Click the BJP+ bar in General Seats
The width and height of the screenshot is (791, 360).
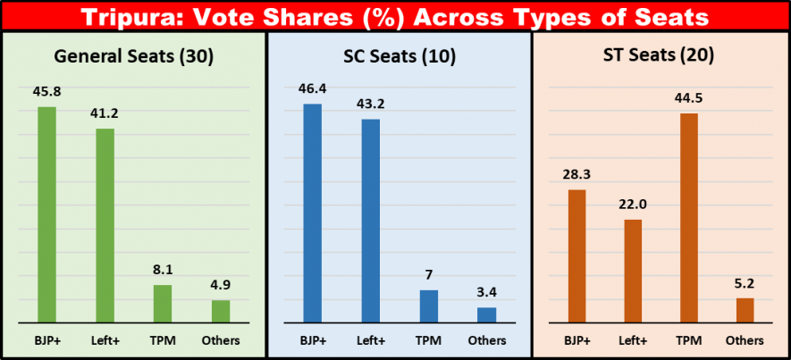(x=46, y=214)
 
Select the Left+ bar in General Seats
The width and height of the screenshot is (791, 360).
(x=105, y=225)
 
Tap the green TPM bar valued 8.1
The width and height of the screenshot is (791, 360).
(x=163, y=304)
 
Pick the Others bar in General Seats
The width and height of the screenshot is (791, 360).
(x=221, y=311)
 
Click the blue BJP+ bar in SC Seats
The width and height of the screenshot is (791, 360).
(x=312, y=213)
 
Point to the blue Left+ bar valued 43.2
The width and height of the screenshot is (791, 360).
(x=370, y=220)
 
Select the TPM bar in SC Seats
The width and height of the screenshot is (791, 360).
(x=429, y=306)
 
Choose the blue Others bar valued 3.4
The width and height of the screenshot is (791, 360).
(x=487, y=314)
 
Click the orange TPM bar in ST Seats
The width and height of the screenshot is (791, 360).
(x=688, y=217)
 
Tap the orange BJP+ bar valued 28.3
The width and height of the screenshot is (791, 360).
(x=576, y=255)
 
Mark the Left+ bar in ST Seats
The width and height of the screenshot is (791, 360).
(x=633, y=270)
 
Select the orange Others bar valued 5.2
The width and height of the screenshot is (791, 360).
(x=745, y=309)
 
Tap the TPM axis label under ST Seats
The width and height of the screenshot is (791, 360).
(x=688, y=340)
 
